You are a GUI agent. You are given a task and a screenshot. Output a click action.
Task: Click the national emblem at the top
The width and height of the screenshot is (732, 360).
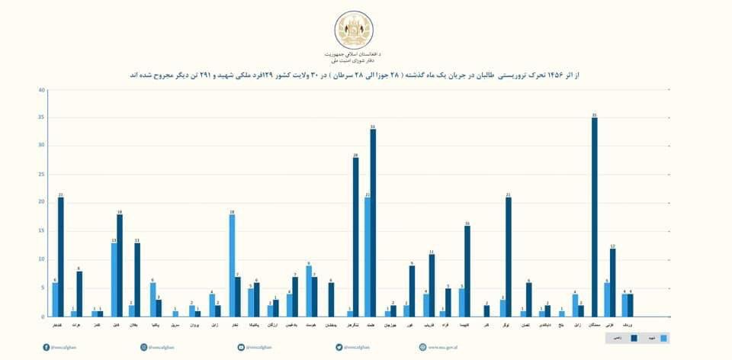coord(355,30)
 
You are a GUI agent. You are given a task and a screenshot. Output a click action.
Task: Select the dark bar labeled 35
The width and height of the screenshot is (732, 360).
coord(595,217)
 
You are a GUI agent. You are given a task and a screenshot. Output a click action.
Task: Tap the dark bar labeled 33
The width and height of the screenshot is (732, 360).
coord(373,222)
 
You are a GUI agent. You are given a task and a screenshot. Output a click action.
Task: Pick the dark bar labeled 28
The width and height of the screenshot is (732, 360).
coord(355,236)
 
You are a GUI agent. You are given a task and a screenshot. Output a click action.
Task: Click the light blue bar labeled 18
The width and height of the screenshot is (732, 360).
coord(232,265)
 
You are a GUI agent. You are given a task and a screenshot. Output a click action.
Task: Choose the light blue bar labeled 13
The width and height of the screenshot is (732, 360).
coord(114,279)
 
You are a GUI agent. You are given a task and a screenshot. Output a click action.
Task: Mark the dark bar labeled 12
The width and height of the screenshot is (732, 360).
coord(612,282)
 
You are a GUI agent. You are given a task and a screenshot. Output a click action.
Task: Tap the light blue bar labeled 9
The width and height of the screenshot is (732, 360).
coord(309,291)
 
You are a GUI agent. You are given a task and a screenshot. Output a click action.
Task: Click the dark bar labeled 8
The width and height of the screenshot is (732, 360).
coord(79,294)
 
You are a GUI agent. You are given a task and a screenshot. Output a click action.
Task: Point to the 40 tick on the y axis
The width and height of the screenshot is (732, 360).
coord(41,90)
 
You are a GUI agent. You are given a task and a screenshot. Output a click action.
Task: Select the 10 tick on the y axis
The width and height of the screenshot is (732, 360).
coord(41,259)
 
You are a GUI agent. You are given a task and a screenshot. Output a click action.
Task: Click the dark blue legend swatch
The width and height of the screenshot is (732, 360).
coord(634,336)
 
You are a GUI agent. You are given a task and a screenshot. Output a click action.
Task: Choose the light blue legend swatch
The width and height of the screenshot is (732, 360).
coord(663,336)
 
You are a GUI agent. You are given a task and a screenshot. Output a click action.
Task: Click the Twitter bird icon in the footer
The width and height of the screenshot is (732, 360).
coord(339,347)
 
